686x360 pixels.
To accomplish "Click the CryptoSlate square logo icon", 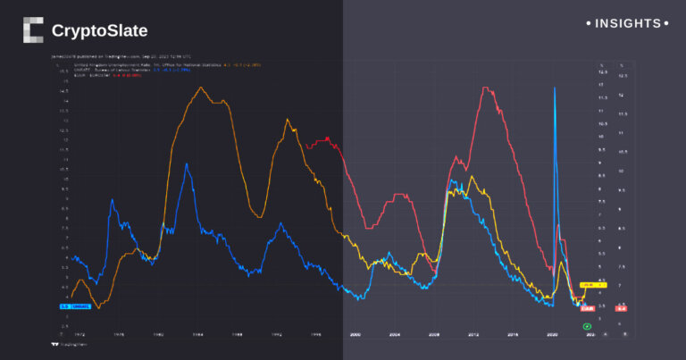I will click(33, 30).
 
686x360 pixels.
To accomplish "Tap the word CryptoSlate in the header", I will click(99, 31).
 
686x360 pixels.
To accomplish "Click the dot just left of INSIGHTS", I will click(589, 23).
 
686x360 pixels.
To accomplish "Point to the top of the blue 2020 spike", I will click(556, 88).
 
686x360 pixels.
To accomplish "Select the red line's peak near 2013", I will click(485, 88).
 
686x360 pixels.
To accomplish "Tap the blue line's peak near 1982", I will click(186, 164).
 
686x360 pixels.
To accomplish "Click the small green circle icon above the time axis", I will click(587, 326).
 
